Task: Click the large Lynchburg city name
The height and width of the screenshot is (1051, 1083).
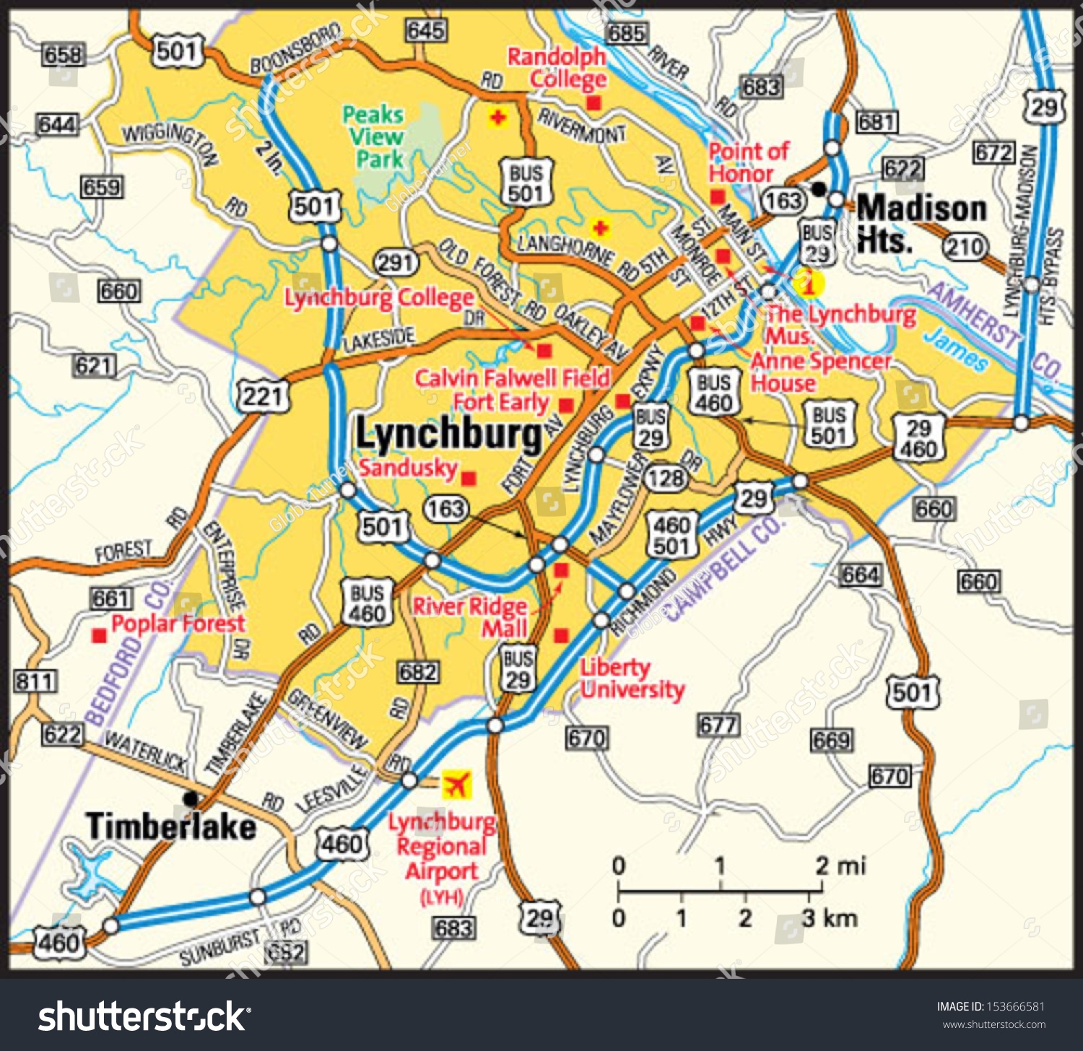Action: pyautogui.click(x=448, y=435)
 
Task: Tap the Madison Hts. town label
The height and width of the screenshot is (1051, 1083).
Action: pyautogui.click(x=921, y=224)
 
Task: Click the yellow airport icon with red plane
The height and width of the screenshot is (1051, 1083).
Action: pyautogui.click(x=456, y=785)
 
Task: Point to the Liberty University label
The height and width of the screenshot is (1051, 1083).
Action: pyautogui.click(x=632, y=679)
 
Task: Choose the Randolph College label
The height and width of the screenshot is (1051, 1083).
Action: pyautogui.click(x=557, y=68)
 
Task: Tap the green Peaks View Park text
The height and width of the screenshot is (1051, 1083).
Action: pyautogui.click(x=373, y=136)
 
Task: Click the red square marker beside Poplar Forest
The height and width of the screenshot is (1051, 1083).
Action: pyautogui.click(x=100, y=636)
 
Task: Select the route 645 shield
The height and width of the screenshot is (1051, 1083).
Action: pyautogui.click(x=426, y=30)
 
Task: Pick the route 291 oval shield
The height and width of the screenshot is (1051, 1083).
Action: pyautogui.click(x=396, y=263)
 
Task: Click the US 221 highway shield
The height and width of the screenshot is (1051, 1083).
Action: pyautogui.click(x=264, y=396)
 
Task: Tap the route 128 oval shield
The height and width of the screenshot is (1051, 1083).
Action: pyautogui.click(x=665, y=478)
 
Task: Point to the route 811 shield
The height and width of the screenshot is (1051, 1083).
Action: pyautogui.click(x=35, y=681)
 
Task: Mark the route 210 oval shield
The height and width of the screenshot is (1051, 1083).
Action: pyautogui.click(x=965, y=248)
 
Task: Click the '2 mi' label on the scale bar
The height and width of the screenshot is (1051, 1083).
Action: pyautogui.click(x=840, y=865)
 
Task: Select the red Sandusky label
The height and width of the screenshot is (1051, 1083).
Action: pyautogui.click(x=408, y=468)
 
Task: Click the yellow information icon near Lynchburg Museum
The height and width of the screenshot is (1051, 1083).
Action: pyautogui.click(x=808, y=283)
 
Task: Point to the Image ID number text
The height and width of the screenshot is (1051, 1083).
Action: pyautogui.click(x=991, y=1006)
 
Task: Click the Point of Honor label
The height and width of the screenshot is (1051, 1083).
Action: pyautogui.click(x=748, y=162)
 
